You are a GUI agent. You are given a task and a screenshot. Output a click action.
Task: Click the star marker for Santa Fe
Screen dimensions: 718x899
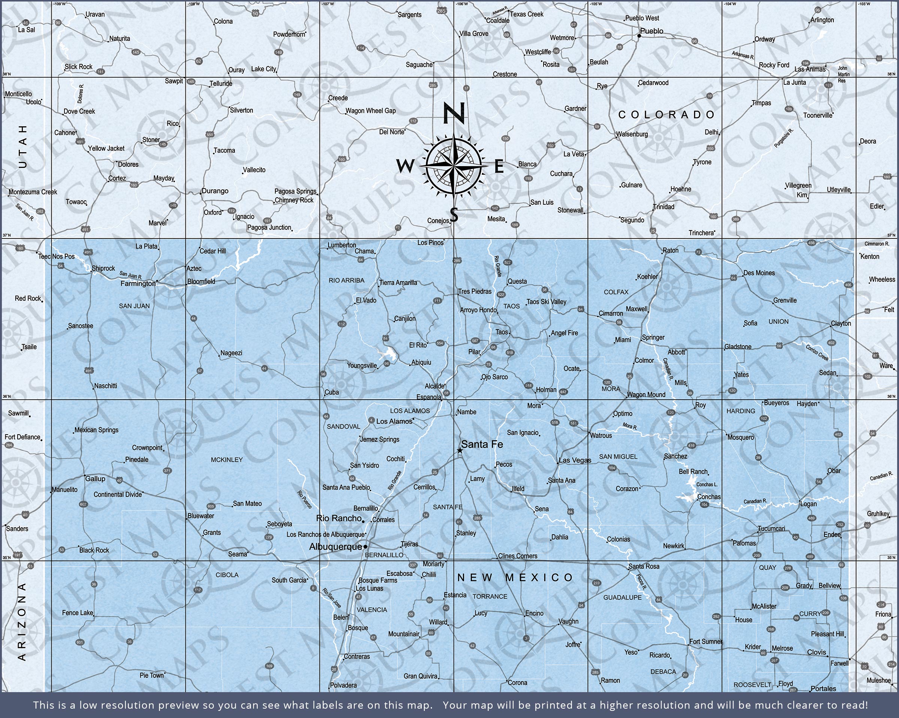coord(460,450)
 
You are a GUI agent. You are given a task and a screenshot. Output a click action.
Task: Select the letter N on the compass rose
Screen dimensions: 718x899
coord(453,113)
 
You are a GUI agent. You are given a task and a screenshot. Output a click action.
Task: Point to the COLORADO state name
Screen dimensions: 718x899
coord(666,115)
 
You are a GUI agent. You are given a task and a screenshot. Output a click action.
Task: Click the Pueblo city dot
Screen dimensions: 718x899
coord(639,36)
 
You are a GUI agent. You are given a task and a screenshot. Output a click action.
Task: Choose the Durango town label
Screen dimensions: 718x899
coord(215,191)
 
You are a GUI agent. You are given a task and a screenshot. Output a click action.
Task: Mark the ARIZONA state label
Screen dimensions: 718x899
coord(22,622)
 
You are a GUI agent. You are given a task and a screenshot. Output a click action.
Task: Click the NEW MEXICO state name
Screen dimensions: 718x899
coord(515,577)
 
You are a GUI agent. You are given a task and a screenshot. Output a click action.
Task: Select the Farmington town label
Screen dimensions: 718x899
coord(137,283)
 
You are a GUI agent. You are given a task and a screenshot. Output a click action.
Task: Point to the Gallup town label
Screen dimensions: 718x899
coord(95,478)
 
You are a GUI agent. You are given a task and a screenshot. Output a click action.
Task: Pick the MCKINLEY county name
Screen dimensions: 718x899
coord(226,460)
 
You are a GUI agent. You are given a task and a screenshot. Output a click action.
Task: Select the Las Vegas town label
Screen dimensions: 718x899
coord(575,460)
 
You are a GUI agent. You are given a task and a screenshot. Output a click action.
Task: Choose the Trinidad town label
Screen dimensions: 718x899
coord(663,207)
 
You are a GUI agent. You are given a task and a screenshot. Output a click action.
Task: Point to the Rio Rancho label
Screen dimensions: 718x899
coord(339,518)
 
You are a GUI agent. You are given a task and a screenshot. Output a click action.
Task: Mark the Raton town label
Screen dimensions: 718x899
coord(671,250)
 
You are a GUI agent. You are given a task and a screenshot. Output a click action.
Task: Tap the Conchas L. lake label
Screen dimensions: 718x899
coord(707,484)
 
